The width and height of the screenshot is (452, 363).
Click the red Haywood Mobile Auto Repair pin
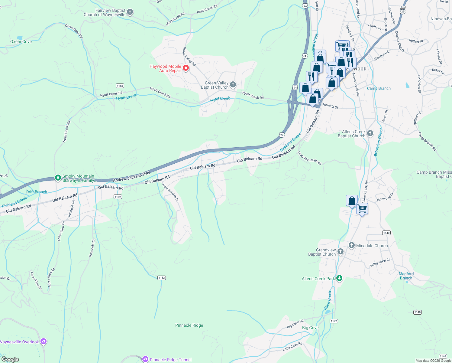(186, 68)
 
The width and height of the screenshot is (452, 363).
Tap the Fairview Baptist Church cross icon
(130, 12)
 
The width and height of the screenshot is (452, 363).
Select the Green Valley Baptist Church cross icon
(233, 85)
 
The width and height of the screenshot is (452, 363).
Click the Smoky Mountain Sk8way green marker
(58, 178)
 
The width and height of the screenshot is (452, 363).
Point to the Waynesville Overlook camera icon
(44, 342)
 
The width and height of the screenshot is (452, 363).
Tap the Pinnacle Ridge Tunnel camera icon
(145, 359)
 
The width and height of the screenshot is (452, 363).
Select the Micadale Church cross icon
(351, 245)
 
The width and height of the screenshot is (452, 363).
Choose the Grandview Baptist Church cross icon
(341, 252)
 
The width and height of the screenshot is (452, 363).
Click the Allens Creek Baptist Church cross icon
(370, 133)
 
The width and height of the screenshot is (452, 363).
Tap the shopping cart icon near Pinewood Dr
(362, 208)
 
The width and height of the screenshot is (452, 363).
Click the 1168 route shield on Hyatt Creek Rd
(120, 86)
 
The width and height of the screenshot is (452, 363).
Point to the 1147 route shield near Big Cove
(334, 321)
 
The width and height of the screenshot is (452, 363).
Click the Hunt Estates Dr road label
(170, 192)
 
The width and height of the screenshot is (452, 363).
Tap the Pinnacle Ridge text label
(189, 325)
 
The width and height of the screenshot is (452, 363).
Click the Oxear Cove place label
(21, 42)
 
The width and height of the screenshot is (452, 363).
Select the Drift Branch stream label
(37, 192)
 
